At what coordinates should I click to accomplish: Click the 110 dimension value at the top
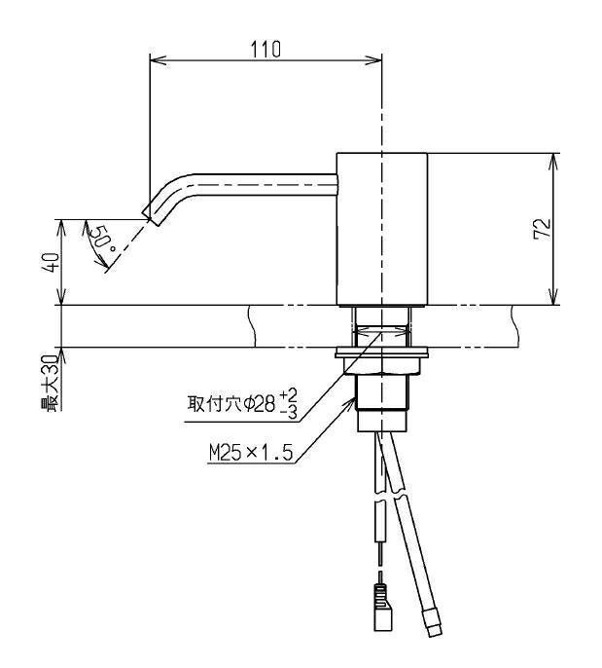tap(266, 50)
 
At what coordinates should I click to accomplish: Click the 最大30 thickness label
tap(50, 383)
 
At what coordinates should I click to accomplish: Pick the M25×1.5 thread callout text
tap(251, 453)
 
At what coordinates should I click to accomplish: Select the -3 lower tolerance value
tap(289, 413)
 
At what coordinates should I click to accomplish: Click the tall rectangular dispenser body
tap(382, 229)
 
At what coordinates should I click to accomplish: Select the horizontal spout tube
tap(264, 184)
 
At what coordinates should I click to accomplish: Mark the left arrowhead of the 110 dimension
tap(158, 60)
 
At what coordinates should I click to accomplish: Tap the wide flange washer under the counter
tap(381, 353)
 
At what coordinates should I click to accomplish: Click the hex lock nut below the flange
tap(382, 366)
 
